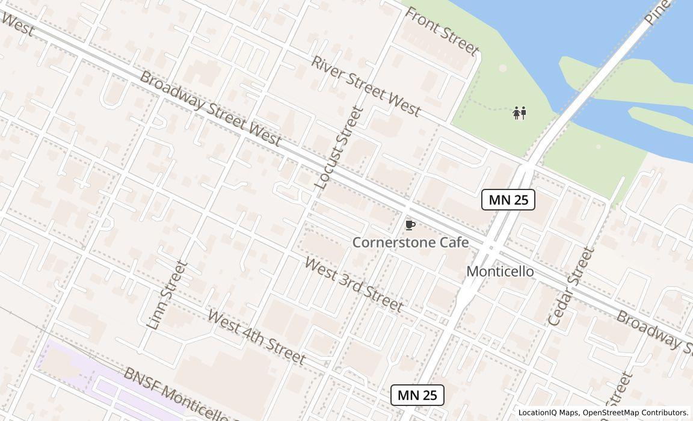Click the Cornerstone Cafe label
click(410, 242)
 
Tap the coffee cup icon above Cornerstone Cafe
click(410, 226)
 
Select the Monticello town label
click(500, 271)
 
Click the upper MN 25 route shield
click(508, 200)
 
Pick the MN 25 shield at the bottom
click(417, 395)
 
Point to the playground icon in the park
click(520, 113)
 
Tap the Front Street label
click(442, 31)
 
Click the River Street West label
click(365, 86)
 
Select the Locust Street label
click(339, 148)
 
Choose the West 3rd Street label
click(354, 284)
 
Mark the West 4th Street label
click(256, 337)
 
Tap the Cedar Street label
click(571, 286)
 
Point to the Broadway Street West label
click(210, 109)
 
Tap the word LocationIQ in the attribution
click(540, 413)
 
